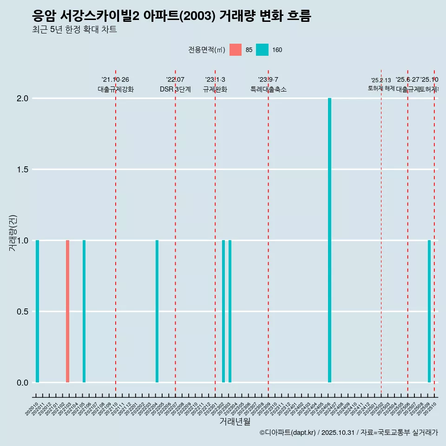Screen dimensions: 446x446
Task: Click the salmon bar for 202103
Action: [67, 311]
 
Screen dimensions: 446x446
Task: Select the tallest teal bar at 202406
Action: [329, 240]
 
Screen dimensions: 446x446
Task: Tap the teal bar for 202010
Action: [37, 311]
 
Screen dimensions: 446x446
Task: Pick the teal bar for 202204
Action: [157, 311]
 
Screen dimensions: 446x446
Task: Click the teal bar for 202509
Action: [429, 311]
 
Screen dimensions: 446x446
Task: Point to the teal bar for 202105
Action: [84, 311]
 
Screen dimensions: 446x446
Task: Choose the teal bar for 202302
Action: [223, 311]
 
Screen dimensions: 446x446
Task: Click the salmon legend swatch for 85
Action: [236, 50]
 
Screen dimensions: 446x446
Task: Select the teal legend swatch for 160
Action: [262, 50]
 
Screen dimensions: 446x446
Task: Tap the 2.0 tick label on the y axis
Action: [23, 98]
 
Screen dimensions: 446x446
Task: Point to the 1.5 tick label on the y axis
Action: [23, 170]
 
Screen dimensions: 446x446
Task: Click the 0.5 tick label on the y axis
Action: [23, 311]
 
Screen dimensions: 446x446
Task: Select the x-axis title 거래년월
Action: [235, 421]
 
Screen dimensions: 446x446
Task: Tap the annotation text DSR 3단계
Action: [175, 90]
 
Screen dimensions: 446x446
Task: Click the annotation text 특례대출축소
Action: [268, 90]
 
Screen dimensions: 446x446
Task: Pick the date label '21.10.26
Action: [115, 79]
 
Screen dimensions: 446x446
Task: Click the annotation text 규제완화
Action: [215, 90]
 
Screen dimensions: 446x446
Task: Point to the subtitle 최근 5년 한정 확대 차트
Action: [74, 30]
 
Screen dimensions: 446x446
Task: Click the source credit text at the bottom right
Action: [348, 433]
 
